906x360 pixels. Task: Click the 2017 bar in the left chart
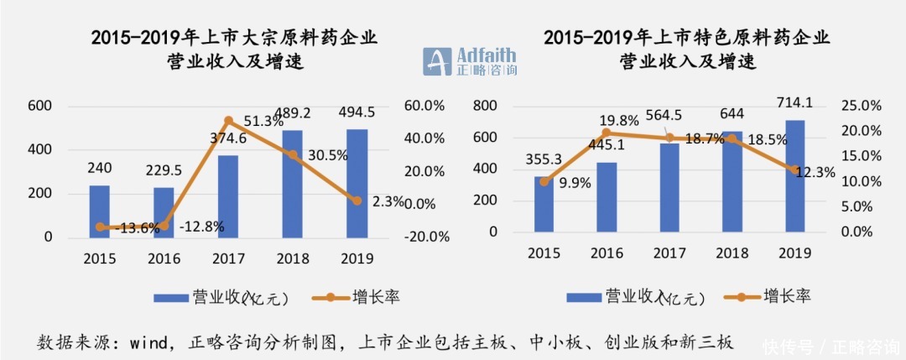[x=228, y=196]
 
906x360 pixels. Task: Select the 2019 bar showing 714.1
[x=794, y=176]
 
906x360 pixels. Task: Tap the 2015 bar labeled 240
[x=100, y=211]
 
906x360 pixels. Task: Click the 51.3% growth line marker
[x=228, y=121]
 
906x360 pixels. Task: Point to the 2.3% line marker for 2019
[x=357, y=201]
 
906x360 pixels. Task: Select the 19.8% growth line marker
[x=608, y=133]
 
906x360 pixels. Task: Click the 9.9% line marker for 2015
[x=544, y=181]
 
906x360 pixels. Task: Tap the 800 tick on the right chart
[x=486, y=106]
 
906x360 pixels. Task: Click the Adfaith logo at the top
[x=469, y=60]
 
